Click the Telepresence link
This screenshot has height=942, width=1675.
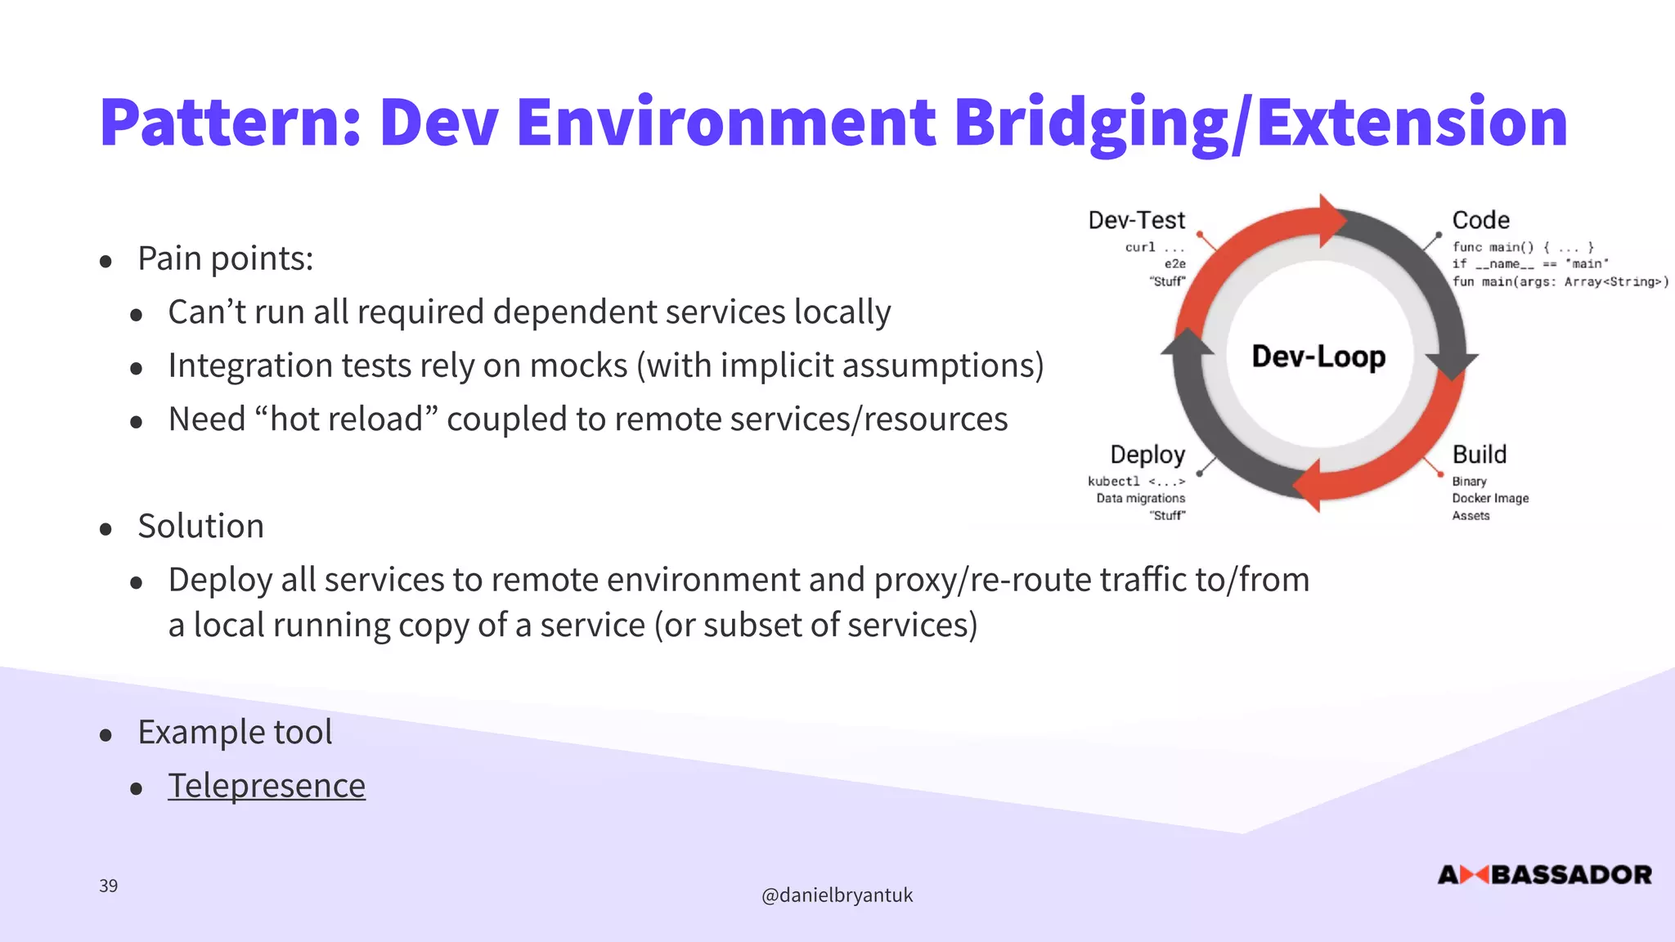267,786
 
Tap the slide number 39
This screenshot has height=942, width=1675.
108,886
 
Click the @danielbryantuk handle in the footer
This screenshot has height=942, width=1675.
837,895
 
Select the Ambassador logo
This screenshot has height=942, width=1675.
1544,875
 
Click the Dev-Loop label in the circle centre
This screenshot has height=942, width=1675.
1318,357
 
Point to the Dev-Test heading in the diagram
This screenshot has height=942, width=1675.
1136,220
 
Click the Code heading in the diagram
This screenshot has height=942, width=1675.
1480,220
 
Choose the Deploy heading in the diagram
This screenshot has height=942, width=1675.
1147,455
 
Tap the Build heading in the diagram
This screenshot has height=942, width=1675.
1479,455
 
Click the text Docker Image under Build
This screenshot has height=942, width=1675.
1490,498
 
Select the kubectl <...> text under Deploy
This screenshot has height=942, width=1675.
1136,481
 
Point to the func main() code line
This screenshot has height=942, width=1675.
1522,247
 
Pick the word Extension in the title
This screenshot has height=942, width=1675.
1412,123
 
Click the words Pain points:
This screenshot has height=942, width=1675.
225,258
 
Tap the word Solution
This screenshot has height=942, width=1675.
200,526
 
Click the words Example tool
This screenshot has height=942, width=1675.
235,732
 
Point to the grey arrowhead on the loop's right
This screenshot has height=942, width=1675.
1451,365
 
